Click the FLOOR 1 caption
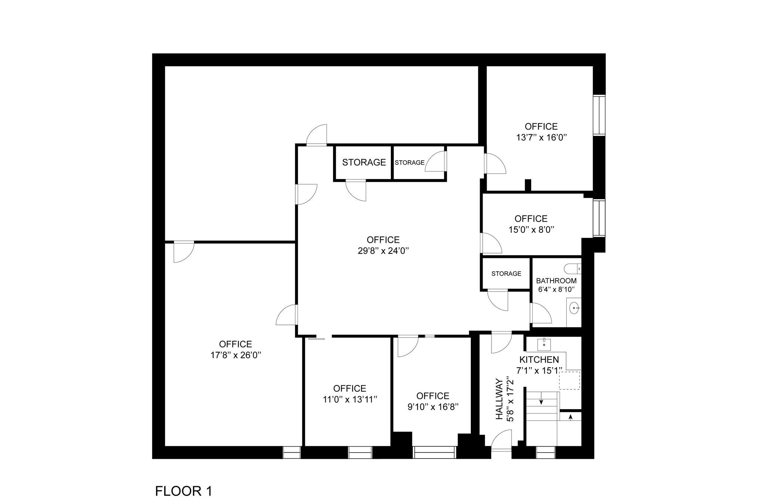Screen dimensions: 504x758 click(184, 491)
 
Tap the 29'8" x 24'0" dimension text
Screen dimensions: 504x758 click(383, 251)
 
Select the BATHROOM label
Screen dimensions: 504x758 click(556, 281)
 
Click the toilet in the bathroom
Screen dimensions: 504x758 click(572, 268)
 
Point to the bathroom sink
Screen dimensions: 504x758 click(574, 308)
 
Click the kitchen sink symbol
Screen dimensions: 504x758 click(544, 344)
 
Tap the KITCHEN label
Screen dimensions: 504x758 click(539, 360)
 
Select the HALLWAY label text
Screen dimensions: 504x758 click(500, 399)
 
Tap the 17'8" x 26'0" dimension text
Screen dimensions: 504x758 click(236, 355)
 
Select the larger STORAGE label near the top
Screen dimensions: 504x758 click(364, 162)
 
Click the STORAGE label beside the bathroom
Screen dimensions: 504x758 click(506, 274)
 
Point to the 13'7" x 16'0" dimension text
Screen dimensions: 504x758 click(541, 138)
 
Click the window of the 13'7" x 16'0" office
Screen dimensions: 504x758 click(599, 115)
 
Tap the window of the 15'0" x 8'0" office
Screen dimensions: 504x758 click(599, 218)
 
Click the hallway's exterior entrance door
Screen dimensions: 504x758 click(501, 440)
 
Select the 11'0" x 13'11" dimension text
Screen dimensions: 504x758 click(349, 400)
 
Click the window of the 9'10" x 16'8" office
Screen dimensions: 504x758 click(434, 452)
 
